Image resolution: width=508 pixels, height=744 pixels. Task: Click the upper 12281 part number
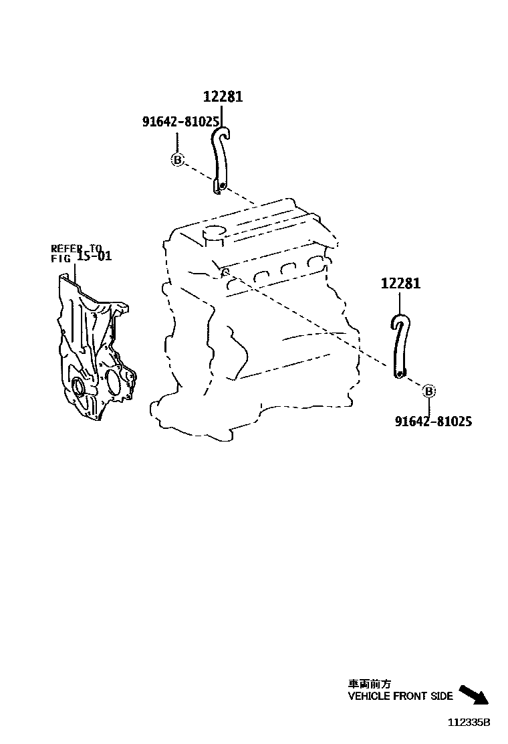tap(223, 97)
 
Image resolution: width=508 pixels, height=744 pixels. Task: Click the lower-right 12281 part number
tap(401, 284)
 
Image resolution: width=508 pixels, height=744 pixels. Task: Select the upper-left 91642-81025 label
tap(180, 121)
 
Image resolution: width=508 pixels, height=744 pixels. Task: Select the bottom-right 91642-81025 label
tap(433, 422)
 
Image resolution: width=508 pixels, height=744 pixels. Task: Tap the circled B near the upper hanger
tap(177, 159)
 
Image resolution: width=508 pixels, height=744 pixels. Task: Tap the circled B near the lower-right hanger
tap(429, 391)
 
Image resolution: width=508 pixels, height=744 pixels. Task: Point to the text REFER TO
tap(78, 248)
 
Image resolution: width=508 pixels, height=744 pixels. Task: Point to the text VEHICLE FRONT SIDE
tap(400, 696)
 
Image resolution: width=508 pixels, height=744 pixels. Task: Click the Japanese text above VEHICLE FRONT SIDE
tap(370, 684)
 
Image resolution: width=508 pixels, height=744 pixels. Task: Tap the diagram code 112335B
tap(469, 723)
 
